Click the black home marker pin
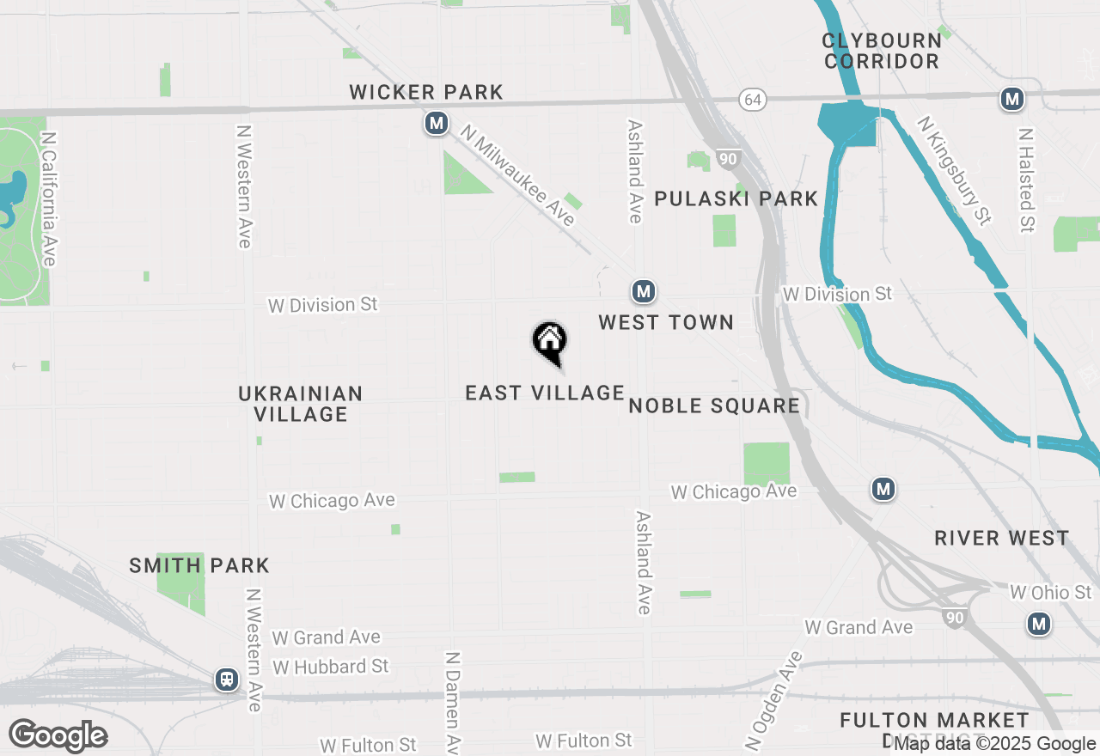[x=550, y=342]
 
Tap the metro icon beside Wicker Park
[x=437, y=124]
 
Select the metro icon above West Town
[x=644, y=292]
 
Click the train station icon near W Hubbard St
[x=227, y=680]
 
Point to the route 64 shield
[x=752, y=101]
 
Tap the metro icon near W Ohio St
[x=1039, y=624]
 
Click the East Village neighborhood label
[x=545, y=393]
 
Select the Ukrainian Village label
[x=301, y=404]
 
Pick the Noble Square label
[x=714, y=406]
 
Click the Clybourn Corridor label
[x=881, y=51]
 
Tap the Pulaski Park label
[x=736, y=199]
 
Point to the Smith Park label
[x=199, y=565]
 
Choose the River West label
[x=1002, y=539]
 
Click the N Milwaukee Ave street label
[x=517, y=176]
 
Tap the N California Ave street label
[x=49, y=198]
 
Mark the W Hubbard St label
[x=331, y=667]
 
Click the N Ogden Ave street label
[x=773, y=699]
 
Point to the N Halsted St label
[x=1025, y=180]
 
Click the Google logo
[x=58, y=735]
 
